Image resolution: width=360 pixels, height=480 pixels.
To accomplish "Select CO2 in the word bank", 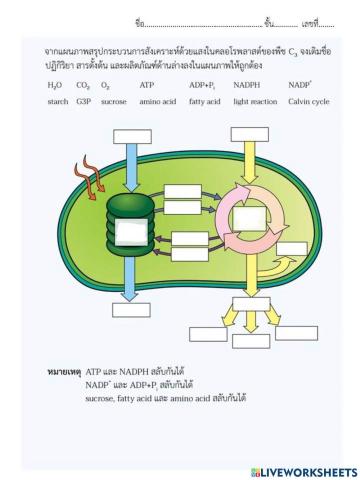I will click(x=83, y=86).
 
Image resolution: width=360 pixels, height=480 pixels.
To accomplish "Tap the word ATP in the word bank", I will click(x=147, y=86).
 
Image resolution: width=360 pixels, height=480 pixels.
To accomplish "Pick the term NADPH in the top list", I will click(x=246, y=86).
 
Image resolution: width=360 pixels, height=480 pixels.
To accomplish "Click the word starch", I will click(x=57, y=102).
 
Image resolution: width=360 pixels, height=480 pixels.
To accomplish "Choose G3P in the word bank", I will click(x=83, y=102).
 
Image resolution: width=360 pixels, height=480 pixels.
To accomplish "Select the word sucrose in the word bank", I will click(x=114, y=102).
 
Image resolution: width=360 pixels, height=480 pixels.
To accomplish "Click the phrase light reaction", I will click(x=254, y=102).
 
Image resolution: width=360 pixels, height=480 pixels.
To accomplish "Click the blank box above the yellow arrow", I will click(x=249, y=134).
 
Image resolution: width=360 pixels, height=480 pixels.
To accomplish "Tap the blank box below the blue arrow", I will click(x=129, y=309).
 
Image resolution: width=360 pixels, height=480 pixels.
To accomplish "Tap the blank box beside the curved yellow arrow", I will click(x=292, y=249).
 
